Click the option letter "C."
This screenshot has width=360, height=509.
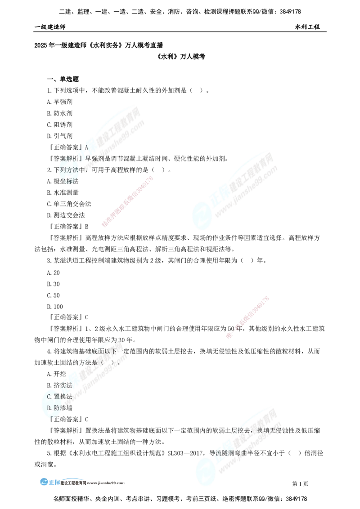50,397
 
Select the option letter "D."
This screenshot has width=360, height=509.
50,408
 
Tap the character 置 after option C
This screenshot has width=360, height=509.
57,397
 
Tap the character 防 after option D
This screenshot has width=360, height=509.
57,408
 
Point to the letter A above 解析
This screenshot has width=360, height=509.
85,147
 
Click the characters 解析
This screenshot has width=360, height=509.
72,159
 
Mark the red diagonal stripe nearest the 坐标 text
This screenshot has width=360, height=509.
128,201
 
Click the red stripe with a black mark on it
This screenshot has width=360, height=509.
247,317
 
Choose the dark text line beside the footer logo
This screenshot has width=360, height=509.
92,483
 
